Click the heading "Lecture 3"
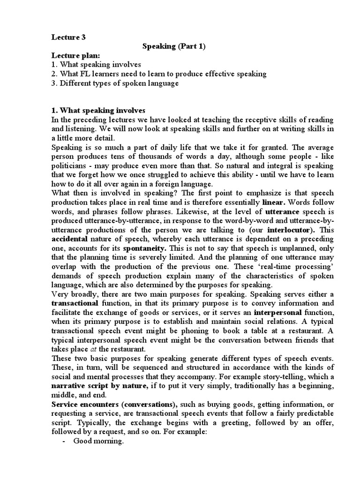[x=68, y=36]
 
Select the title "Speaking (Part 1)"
[x=173, y=46]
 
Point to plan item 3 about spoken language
[x=115, y=83]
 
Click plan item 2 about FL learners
[x=159, y=74]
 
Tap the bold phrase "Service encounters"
[x=78, y=404]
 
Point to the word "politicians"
[x=72, y=166]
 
